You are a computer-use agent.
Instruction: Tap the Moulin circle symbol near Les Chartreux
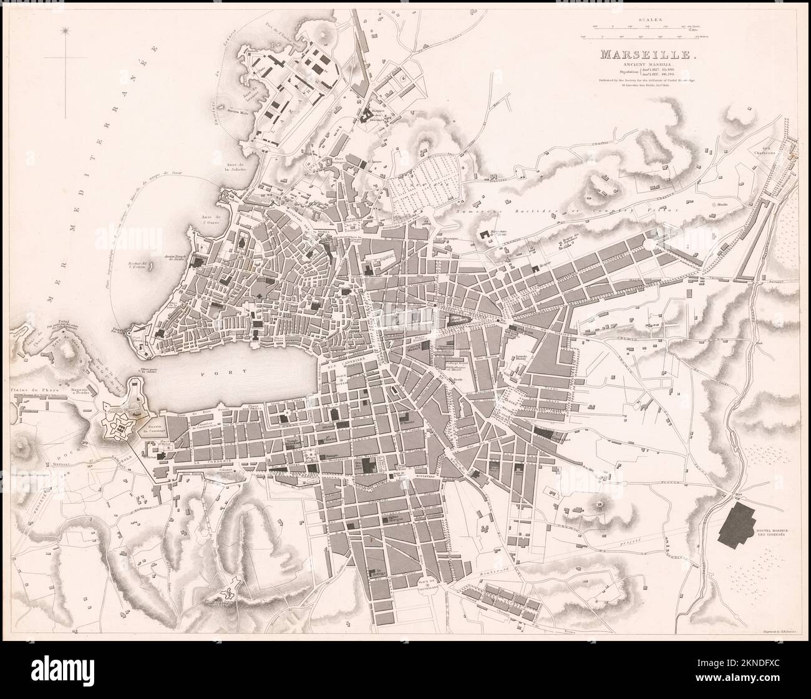click(x=715, y=204)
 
